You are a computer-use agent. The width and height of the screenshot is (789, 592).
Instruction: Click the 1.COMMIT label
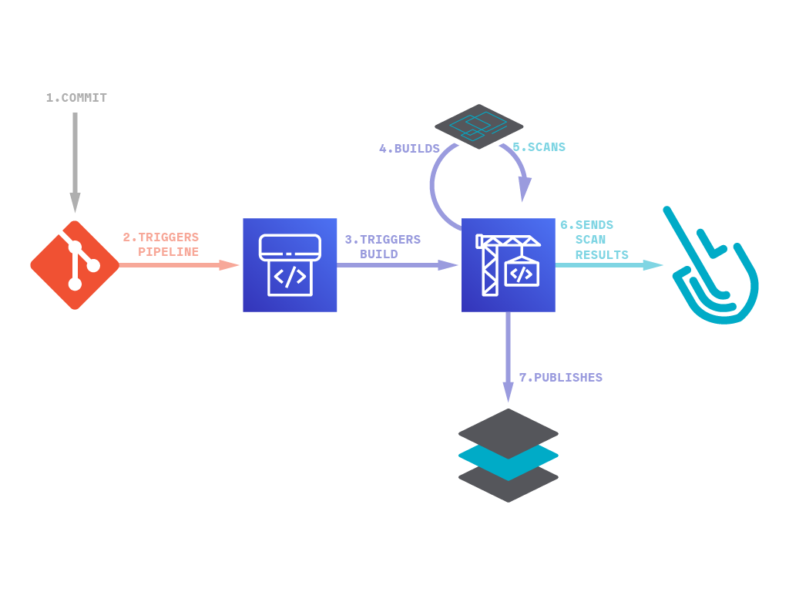click(76, 98)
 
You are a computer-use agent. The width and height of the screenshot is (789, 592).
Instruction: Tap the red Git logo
click(75, 265)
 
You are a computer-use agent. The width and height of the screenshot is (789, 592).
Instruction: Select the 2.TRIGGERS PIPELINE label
click(161, 244)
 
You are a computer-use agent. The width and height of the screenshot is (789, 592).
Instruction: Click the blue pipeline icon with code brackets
click(290, 265)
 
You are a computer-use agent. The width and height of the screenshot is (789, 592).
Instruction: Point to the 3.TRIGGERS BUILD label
click(383, 247)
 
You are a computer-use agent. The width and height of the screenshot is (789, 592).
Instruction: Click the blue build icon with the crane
click(508, 265)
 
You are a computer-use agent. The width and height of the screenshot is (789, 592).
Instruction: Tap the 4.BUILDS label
click(409, 149)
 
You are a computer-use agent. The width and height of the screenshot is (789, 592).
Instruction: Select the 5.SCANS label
click(539, 146)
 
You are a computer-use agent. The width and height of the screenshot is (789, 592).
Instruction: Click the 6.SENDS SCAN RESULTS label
click(594, 240)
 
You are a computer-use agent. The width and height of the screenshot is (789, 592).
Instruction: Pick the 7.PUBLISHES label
click(560, 378)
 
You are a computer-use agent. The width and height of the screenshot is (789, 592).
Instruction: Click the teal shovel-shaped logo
click(713, 270)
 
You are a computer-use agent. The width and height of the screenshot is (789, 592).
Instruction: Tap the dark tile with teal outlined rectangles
click(478, 126)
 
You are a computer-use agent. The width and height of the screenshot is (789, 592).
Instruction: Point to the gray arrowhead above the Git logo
click(75, 203)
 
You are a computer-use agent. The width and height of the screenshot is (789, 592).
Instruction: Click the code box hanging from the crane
click(522, 274)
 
